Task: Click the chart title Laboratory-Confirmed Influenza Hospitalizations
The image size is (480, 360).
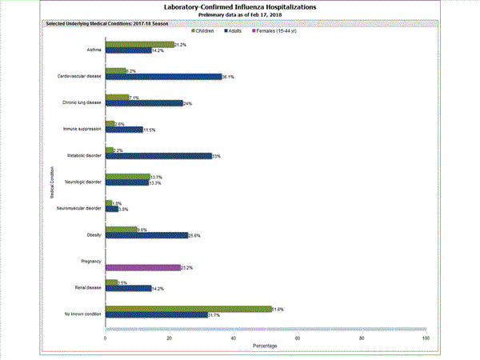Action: point(240,6)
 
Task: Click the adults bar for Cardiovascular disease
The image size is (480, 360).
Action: point(163,77)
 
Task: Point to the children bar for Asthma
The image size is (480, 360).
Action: point(139,45)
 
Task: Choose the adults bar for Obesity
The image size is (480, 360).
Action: point(146,235)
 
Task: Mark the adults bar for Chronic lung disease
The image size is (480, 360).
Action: point(144,103)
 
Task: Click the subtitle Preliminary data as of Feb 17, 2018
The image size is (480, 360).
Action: point(240,15)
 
